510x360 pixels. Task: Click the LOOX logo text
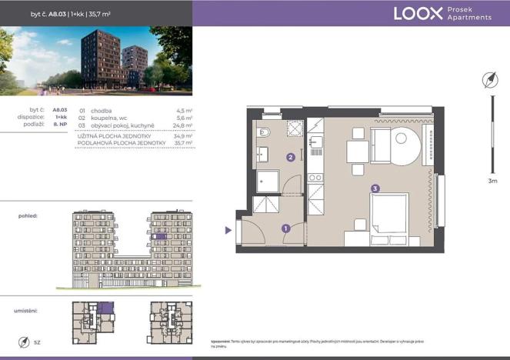418,13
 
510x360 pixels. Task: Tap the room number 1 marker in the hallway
285,228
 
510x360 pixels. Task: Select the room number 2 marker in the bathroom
290,158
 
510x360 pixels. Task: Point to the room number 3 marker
375,188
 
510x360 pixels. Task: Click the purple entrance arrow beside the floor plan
228,230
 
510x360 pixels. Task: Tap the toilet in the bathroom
262,131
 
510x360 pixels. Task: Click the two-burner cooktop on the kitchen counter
315,178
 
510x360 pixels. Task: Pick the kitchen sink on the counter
315,142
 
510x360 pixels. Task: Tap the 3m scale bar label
492,182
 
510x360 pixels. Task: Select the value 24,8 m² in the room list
182,125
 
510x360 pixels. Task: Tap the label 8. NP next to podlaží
60,125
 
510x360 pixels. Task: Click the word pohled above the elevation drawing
28,216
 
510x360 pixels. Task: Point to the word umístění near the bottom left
27,312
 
